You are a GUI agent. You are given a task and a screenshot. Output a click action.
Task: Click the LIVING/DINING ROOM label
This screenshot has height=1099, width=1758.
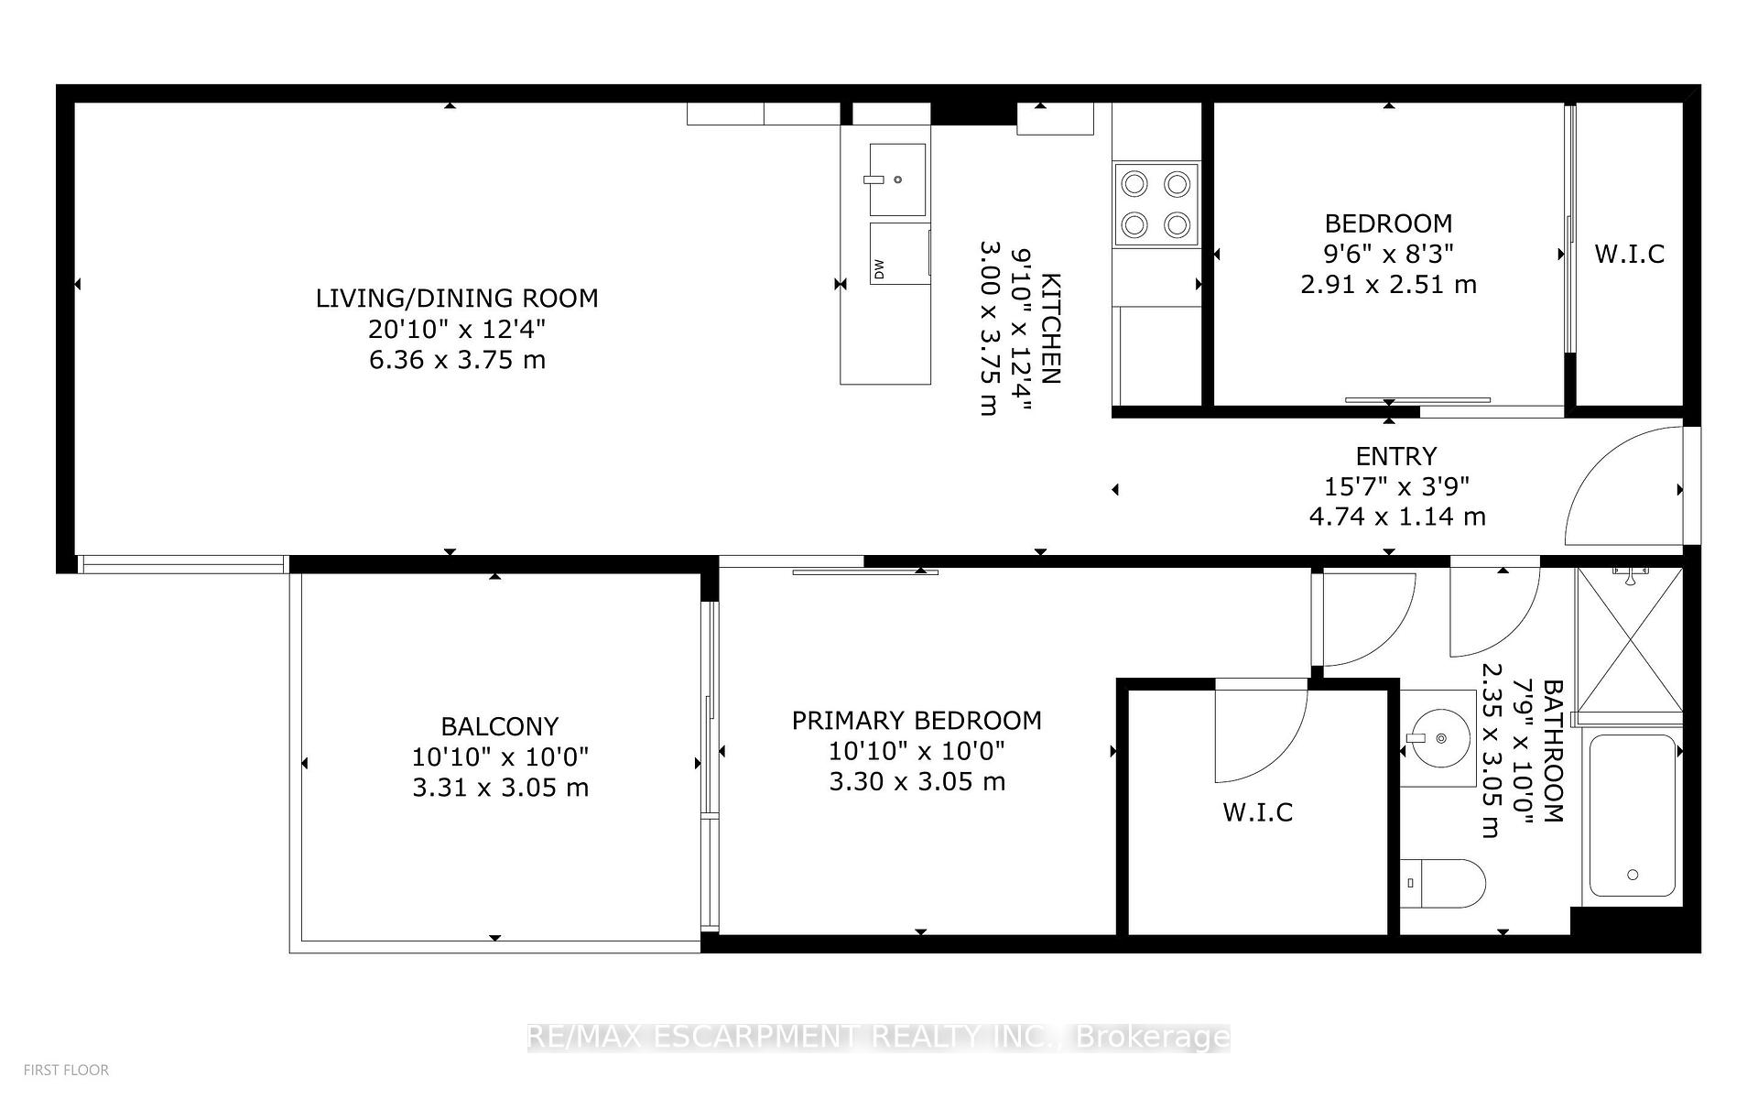coord(457,298)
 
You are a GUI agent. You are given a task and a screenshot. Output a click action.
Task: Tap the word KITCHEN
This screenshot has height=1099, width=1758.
coord(1051,329)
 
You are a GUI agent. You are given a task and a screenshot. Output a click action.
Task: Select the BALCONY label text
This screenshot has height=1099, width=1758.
coord(500,726)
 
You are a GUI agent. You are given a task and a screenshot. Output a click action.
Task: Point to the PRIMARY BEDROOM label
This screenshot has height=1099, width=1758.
coord(917,721)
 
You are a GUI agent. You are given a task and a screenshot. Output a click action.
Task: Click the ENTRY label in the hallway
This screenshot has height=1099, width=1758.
coord(1396,456)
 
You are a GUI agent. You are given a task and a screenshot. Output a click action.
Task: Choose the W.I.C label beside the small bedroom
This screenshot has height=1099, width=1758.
coord(1630,254)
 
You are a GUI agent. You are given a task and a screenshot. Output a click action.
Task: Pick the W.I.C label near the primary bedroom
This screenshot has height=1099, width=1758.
coord(1258,812)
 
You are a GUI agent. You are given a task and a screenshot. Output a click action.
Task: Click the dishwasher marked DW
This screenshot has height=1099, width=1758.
coord(900,253)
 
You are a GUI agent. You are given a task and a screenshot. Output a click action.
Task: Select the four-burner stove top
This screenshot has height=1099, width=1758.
coord(1156,204)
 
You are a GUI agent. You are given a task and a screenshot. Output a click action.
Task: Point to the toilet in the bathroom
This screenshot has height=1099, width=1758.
coord(1443,883)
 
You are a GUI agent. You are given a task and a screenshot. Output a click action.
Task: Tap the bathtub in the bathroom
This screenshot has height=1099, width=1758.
coord(1634,816)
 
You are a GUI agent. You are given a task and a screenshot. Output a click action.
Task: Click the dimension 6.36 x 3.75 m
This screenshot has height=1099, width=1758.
coord(457,360)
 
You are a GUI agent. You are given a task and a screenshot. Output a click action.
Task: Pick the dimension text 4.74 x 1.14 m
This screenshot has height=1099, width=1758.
coord(1397,517)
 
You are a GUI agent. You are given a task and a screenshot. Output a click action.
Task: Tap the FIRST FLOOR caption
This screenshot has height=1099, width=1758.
coord(66,1070)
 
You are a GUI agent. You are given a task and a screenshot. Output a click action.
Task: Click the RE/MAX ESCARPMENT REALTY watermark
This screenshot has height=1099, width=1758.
coord(879,1037)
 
